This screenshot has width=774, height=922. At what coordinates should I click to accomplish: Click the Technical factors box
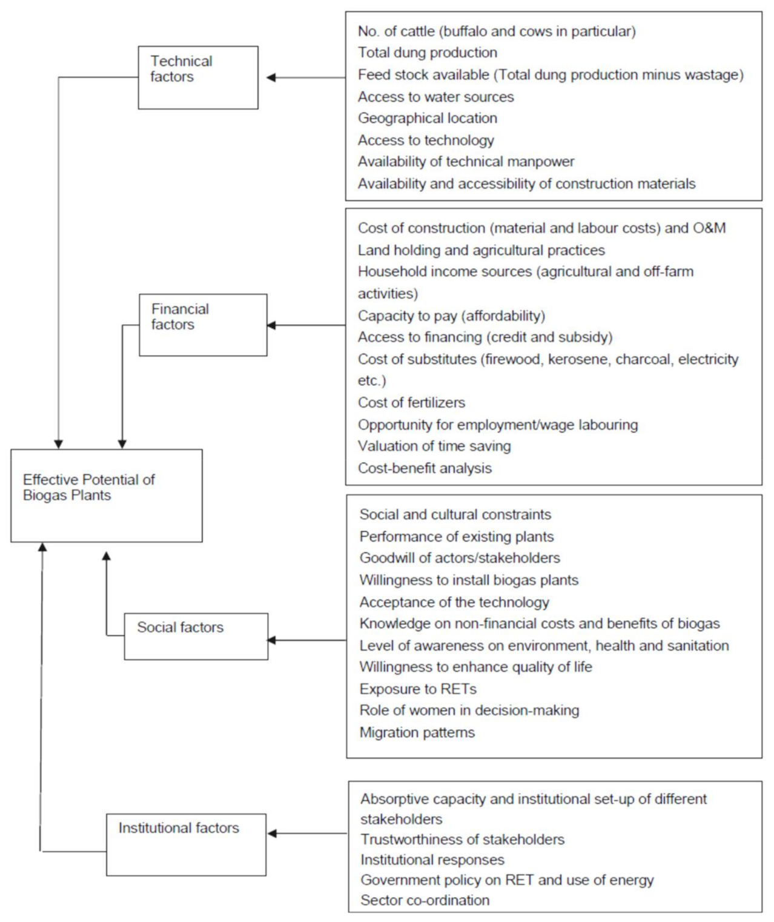point(198,78)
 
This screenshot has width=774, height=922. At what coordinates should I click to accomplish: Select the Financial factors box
point(203,325)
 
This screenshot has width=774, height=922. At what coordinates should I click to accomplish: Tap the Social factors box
point(196,636)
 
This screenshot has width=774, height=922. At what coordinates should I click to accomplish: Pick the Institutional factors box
point(186,844)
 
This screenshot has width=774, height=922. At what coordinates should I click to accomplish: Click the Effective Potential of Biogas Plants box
point(107,496)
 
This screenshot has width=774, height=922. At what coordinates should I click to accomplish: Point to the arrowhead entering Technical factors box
point(271,78)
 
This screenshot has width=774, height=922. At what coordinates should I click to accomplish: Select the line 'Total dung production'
point(428,53)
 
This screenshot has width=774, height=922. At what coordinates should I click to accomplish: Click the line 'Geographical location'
point(428,118)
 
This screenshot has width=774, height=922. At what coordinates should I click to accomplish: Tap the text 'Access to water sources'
point(435,97)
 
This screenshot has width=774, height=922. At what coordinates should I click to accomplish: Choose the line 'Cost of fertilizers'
point(411,403)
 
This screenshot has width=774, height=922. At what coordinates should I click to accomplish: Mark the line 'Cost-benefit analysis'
point(425,468)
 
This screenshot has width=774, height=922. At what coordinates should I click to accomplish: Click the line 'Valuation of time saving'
point(434,446)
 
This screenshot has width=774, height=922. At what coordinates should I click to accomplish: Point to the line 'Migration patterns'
point(417,732)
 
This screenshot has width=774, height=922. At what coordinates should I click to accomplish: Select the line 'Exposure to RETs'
point(418,689)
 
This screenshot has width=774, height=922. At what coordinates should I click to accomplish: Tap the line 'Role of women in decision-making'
point(469,711)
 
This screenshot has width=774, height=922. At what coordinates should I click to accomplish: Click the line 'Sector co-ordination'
point(425,900)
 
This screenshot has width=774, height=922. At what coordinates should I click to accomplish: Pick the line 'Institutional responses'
point(432,860)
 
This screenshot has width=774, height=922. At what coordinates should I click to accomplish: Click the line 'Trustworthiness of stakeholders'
point(463,840)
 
